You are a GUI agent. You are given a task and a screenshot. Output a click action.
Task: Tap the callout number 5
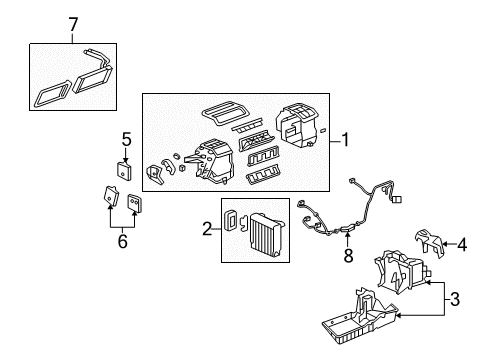(126, 139)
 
